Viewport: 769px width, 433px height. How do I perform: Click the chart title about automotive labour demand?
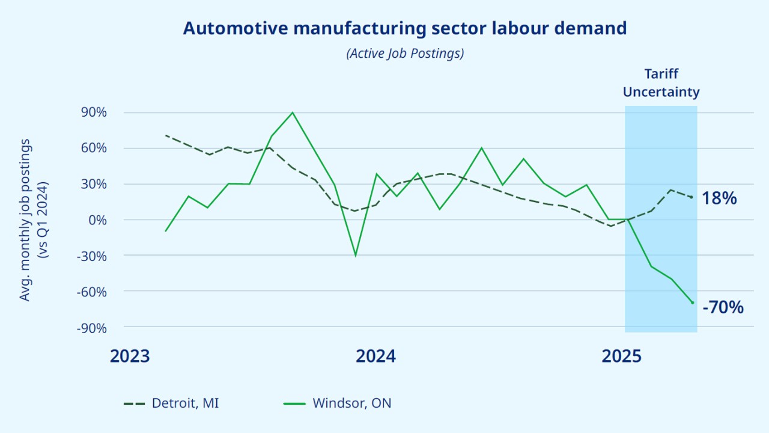coord(405,28)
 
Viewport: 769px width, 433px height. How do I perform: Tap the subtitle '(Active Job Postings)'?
coord(405,54)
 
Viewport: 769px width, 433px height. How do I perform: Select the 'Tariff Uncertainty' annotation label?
coord(661,83)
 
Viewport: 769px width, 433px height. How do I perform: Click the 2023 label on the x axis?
coord(129,356)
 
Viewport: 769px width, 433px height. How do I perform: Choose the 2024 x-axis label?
coord(375,356)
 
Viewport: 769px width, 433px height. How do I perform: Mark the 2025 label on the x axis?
coord(622,356)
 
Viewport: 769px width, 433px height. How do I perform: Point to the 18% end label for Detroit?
coord(719,198)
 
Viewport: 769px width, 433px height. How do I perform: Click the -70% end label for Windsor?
coord(723,307)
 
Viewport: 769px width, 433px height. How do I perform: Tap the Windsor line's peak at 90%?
coord(293,112)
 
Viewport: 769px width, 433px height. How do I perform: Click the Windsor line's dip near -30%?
coord(356,256)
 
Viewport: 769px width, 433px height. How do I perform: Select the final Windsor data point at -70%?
coord(692,302)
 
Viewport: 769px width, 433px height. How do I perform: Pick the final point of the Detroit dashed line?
coord(692,197)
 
